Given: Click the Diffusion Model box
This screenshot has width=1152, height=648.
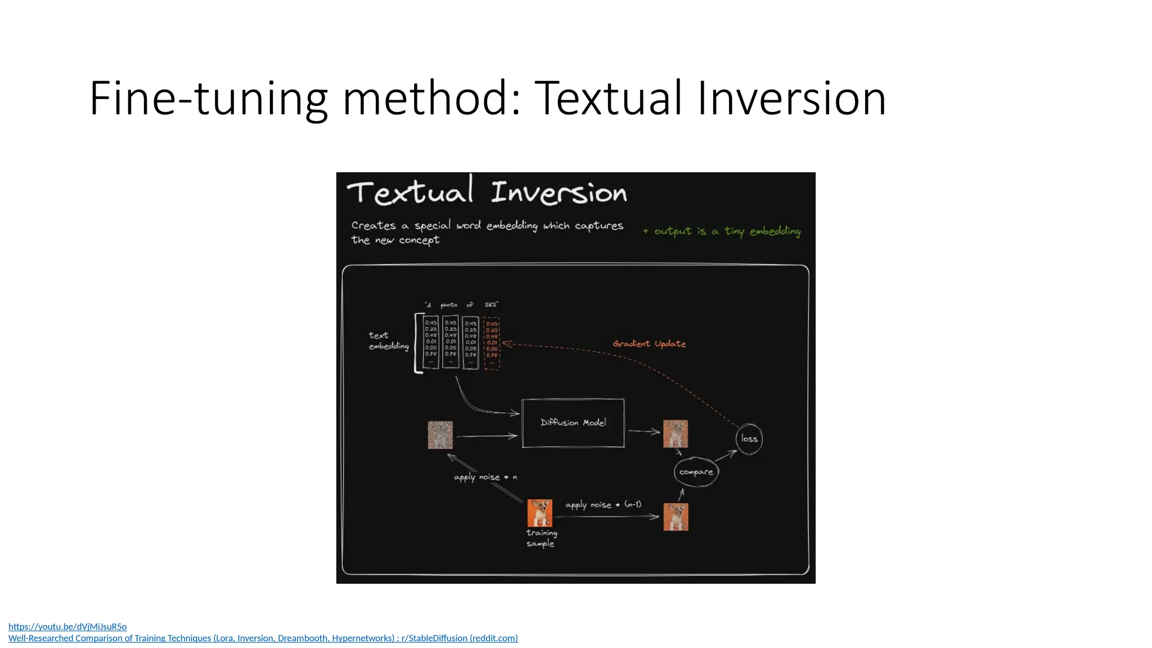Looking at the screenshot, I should point(573,423).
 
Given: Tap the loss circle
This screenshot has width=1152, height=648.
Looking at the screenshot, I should point(749,439).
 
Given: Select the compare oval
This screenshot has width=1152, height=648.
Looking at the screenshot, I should point(696,472).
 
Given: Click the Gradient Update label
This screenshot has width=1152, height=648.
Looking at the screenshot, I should point(649,344).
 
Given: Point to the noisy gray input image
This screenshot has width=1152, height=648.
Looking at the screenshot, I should point(440,435).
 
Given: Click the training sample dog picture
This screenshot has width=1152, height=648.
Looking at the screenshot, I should point(539,512).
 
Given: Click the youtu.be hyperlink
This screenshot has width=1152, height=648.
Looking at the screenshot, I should point(67,626).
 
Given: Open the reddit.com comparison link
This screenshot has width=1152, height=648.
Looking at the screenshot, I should point(263,638).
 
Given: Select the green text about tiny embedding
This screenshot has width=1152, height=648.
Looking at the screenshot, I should point(722,231).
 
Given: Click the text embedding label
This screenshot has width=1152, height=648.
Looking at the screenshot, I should point(388,340).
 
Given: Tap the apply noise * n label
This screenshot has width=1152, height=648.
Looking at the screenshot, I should point(485,477).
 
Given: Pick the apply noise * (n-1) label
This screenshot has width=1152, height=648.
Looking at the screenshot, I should point(603,505).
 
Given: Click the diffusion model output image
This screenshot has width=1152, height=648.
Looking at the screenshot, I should point(675,434).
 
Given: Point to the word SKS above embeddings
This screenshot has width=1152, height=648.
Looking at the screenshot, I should point(491,304).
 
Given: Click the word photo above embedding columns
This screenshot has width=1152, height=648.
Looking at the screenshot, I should point(449,305).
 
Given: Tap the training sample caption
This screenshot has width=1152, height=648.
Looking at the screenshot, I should point(541,538).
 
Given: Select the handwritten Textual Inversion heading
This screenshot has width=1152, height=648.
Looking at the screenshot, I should point(487,192).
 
